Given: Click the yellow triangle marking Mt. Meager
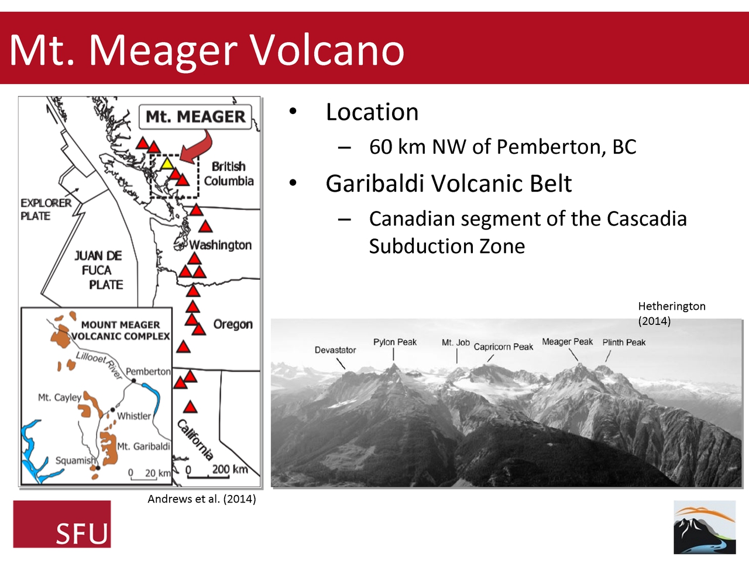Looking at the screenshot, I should [167, 164].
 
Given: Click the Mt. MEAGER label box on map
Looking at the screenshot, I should [195, 117].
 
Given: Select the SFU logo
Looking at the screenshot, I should [62, 524].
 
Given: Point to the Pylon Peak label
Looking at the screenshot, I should [395, 342].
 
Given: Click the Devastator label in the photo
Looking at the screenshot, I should [335, 350].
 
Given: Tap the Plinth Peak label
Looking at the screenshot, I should [624, 342].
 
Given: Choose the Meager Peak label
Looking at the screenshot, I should [567, 342].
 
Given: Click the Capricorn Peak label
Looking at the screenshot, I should [503, 347].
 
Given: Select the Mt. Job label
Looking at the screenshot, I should [456, 342].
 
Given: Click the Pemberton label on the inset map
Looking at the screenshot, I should [148, 372].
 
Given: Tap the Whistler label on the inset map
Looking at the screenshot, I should [134, 416].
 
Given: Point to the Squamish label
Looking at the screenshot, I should [75, 460].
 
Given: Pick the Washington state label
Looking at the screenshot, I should [221, 245].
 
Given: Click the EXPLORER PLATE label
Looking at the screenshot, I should [46, 209].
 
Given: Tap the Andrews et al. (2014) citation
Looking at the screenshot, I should [201, 499].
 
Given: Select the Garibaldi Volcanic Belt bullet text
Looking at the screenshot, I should [448, 183].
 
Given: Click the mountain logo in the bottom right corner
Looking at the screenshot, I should [705, 527].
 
